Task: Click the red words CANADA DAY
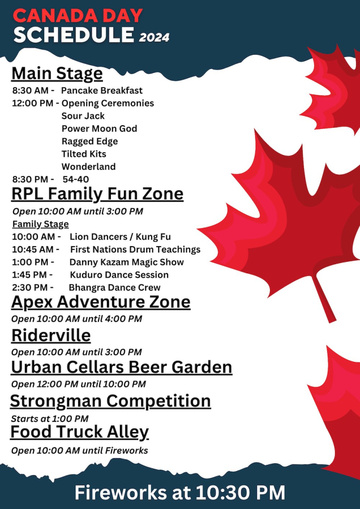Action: click(x=78, y=15)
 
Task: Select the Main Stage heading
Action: click(x=57, y=74)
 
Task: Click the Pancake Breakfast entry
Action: click(x=102, y=90)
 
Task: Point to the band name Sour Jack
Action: click(x=83, y=116)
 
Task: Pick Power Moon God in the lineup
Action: click(x=99, y=129)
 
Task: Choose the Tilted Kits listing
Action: click(x=84, y=154)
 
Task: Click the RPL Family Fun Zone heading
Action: click(x=97, y=194)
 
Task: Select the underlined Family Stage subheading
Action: click(x=41, y=224)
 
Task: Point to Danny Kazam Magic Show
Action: click(x=127, y=262)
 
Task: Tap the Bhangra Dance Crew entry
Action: click(x=114, y=288)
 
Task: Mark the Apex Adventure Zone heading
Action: click(x=100, y=303)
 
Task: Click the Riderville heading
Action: click(x=51, y=336)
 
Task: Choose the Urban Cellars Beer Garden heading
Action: click(x=122, y=367)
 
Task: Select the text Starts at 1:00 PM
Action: click(x=50, y=419)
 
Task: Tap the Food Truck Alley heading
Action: click(x=80, y=432)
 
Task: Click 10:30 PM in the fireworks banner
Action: click(x=240, y=493)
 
